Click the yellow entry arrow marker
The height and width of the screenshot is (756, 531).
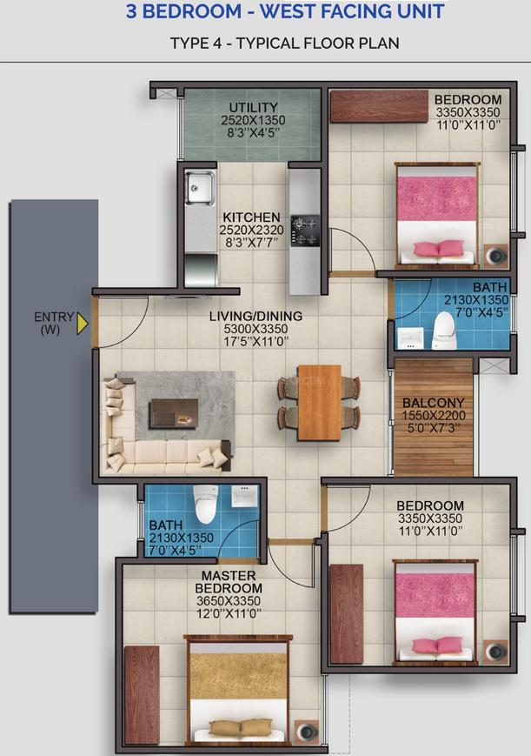[83, 324]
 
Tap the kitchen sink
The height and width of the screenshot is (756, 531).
[200, 188]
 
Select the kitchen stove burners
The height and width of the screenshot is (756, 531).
[305, 231]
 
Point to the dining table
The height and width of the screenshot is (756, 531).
[319, 403]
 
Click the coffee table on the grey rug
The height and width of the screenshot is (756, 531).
[174, 413]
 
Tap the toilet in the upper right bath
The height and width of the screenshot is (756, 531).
[444, 331]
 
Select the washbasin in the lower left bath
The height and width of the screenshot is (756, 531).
[245, 496]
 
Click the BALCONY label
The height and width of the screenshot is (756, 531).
[434, 403]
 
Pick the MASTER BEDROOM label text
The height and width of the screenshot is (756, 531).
[229, 582]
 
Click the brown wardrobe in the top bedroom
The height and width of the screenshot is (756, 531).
[379, 106]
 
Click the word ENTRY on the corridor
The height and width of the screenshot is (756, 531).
[54, 318]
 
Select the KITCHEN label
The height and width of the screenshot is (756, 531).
[251, 217]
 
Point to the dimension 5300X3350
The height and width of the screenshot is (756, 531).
[256, 329]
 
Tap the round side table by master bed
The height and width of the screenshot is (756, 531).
[307, 731]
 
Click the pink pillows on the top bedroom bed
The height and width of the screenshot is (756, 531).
[438, 248]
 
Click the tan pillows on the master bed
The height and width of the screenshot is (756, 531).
[241, 726]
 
